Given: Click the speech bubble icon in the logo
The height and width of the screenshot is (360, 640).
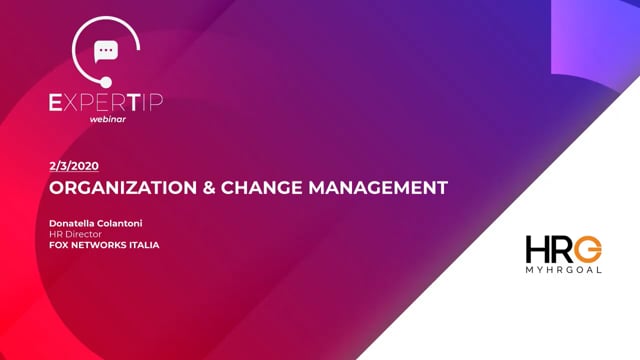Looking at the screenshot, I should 106,51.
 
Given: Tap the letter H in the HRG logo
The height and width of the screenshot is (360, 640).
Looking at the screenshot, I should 539,251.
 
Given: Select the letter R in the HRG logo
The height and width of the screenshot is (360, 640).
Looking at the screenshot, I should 563,251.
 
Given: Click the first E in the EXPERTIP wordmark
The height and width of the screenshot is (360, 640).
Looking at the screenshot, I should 60,99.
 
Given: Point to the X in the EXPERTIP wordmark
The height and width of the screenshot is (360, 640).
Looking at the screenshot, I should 76,99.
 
